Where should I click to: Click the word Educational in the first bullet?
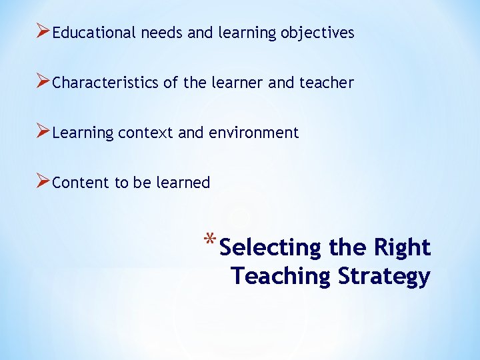94,33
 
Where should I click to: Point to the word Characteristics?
105,83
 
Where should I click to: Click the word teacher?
326,83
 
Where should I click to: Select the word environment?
254,133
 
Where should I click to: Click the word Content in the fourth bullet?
81,183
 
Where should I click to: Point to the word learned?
183,183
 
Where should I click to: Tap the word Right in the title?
401,247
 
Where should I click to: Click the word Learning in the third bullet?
83,133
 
